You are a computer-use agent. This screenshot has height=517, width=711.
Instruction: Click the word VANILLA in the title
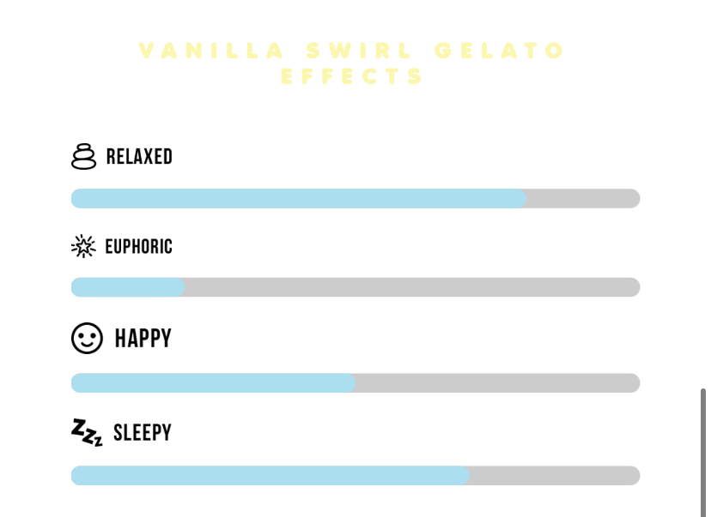click(x=212, y=51)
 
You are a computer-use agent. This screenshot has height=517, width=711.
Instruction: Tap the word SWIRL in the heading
click(x=359, y=51)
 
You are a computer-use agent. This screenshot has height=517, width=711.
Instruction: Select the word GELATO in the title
click(x=499, y=51)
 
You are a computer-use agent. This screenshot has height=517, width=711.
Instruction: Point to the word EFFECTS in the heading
click(x=352, y=76)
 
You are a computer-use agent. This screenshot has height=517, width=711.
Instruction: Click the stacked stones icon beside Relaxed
click(x=84, y=157)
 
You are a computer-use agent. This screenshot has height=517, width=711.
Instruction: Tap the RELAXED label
click(x=139, y=157)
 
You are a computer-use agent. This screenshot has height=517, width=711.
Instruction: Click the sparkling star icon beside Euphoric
click(x=83, y=246)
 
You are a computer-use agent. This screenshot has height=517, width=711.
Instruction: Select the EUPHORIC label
click(x=139, y=247)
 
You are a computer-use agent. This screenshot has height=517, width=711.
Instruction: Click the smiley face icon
click(x=87, y=338)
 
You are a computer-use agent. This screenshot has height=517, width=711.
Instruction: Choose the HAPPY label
click(x=143, y=338)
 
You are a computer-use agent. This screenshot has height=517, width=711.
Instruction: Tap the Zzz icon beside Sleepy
click(x=87, y=432)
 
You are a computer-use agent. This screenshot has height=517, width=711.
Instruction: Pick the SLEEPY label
click(x=143, y=432)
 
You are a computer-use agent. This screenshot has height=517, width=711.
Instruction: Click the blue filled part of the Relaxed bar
click(x=298, y=198)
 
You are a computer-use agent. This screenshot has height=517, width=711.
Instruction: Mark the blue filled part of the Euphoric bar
click(x=128, y=287)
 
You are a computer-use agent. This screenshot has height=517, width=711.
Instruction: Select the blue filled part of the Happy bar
click(x=213, y=383)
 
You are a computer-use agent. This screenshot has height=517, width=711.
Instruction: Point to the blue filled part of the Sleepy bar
click(x=270, y=475)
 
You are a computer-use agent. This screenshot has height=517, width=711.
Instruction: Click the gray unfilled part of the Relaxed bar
click(x=583, y=198)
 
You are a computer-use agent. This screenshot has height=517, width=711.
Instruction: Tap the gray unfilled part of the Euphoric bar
click(x=412, y=287)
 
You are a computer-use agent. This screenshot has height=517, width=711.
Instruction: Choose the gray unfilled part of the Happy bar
click(x=498, y=383)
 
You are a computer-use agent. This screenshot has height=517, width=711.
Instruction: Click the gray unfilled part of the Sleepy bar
click(x=555, y=475)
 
